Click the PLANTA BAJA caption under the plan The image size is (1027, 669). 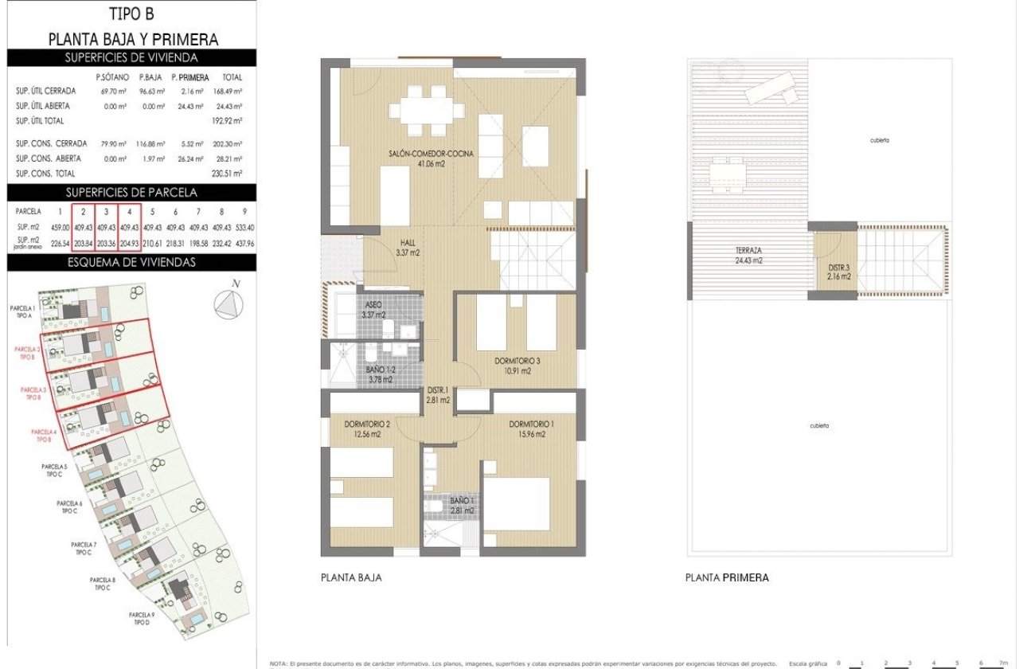pos(350,577)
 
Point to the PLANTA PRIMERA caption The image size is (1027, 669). pos(727,577)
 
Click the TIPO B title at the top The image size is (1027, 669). pos(132,14)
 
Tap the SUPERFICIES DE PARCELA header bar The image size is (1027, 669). pos(131,192)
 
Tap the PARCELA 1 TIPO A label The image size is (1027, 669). pos(22,311)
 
